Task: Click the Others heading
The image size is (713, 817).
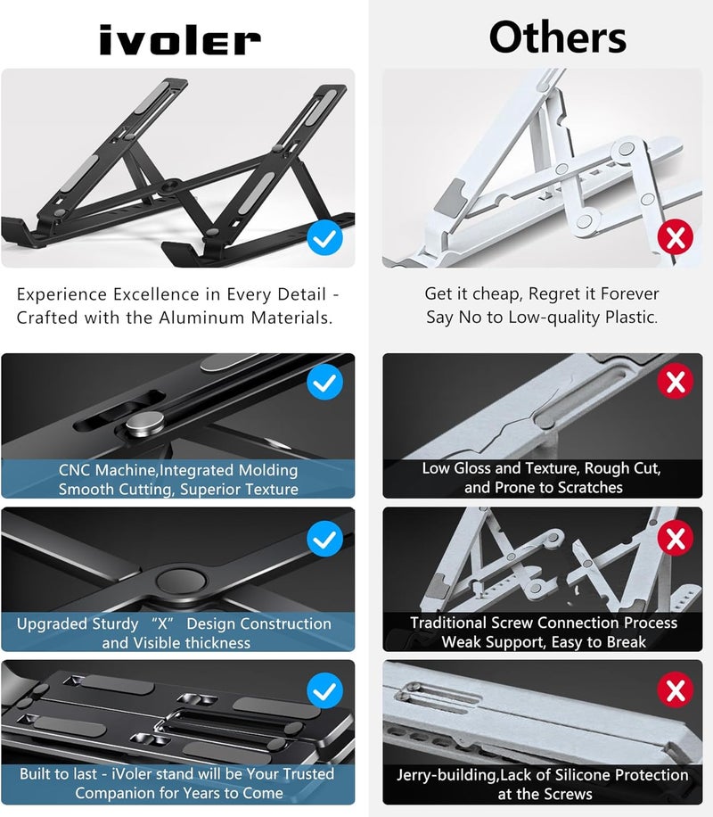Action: tap(558, 37)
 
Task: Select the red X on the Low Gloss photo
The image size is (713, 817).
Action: tap(676, 383)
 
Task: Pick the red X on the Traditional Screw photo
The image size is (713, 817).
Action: tap(676, 538)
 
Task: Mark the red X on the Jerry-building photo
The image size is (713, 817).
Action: tap(676, 690)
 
